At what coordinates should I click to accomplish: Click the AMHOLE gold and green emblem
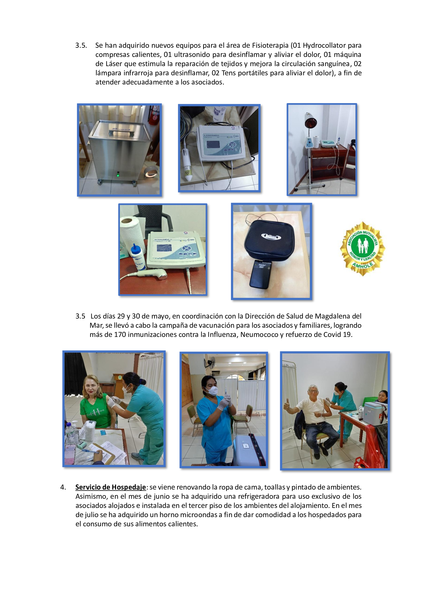363,249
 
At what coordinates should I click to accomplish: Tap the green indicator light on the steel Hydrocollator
118,175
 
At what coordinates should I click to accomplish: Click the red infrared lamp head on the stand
311,121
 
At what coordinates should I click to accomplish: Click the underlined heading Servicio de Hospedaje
110,487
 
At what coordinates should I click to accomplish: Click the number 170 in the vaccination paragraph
120,334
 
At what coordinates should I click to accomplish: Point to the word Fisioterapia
270,45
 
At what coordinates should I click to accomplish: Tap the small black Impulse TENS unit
260,274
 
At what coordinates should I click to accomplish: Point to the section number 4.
63,487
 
